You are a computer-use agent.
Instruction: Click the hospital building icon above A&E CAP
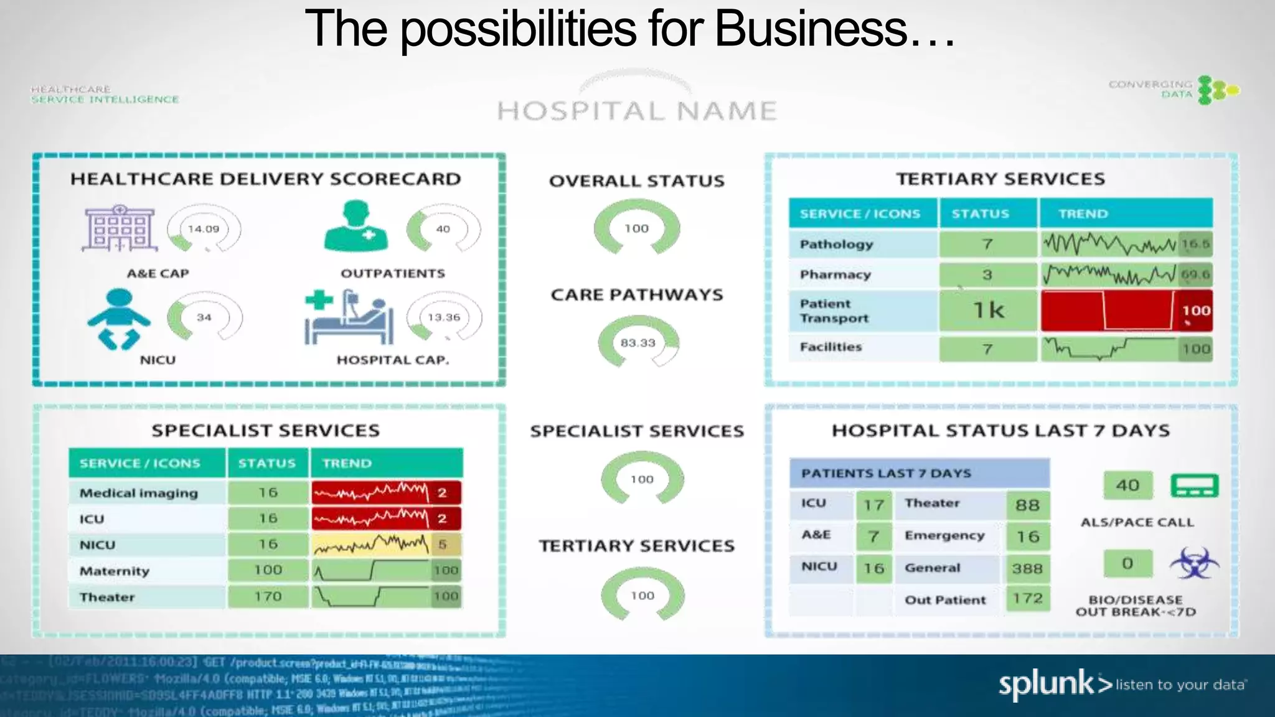click(x=119, y=228)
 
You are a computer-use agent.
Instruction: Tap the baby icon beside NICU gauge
click(x=118, y=319)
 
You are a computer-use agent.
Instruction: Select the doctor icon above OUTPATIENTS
click(x=355, y=227)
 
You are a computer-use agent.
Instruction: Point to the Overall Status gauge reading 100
click(x=636, y=228)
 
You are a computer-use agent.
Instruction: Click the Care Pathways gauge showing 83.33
click(x=637, y=342)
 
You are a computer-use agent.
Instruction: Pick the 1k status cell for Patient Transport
click(x=988, y=310)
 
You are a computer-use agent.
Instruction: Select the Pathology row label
click(x=836, y=244)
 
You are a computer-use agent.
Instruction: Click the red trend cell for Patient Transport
click(x=1108, y=310)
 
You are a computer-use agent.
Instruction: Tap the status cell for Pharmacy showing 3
click(x=987, y=274)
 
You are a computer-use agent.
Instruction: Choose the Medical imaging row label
click(x=139, y=493)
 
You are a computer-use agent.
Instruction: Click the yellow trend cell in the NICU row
click(x=386, y=545)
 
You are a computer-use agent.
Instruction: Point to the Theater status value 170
click(x=268, y=596)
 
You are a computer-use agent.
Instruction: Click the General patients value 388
click(x=1027, y=568)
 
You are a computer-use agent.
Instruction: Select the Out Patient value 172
click(x=1027, y=599)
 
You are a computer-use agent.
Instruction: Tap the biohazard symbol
click(x=1194, y=563)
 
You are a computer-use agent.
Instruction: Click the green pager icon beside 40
click(x=1194, y=485)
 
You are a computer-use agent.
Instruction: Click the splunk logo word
click(x=1046, y=684)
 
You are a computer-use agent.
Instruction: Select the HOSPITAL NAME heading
click(x=637, y=111)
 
